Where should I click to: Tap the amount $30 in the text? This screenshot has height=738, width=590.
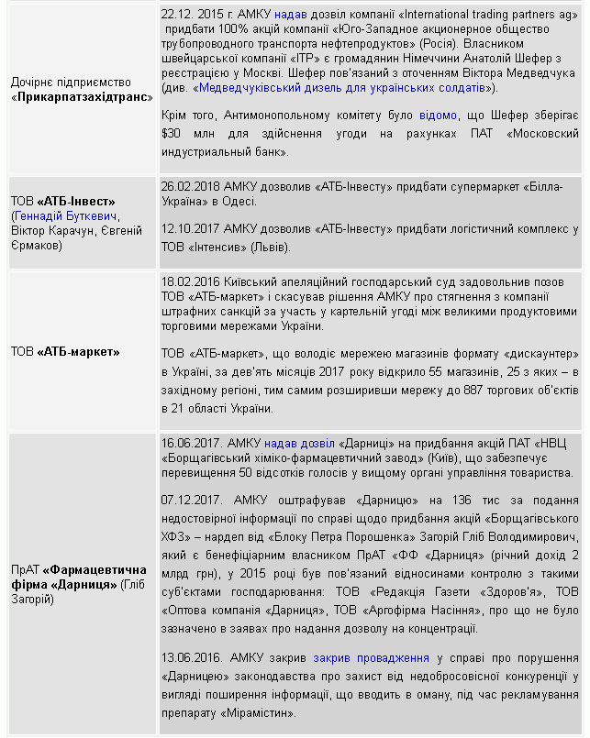tap(170, 134)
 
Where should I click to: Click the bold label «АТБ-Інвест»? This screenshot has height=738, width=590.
tap(77, 201)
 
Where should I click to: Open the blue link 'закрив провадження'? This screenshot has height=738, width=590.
tap(371, 656)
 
